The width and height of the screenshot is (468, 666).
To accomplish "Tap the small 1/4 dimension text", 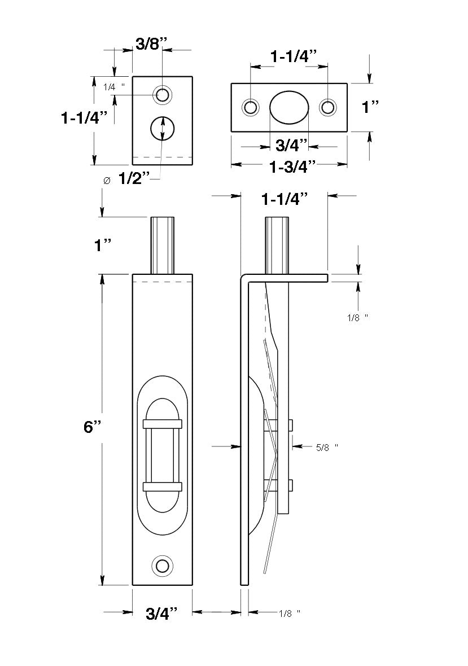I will tap(113, 87).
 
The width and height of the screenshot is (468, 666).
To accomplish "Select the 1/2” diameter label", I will tap(134, 179).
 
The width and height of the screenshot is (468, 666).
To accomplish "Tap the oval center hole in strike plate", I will tap(290, 107).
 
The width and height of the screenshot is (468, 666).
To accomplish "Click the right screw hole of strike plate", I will tap(328, 107).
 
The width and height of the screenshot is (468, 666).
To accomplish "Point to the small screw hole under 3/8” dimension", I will tap(163, 94).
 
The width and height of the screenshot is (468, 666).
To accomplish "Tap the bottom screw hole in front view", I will tap(163, 566).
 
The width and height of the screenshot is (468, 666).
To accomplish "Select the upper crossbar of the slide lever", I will tap(163, 424).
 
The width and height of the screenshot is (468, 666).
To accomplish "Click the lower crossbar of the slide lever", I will tap(163, 487).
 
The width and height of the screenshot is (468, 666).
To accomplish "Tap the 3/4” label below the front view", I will tap(163, 613).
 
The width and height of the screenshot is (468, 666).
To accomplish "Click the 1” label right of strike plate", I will tap(370, 107).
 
